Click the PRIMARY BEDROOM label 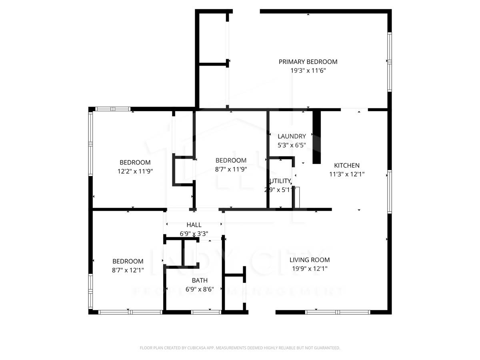tap(308, 62)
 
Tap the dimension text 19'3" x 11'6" tap(308, 70)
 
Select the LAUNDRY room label tap(292, 136)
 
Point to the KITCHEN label tap(346, 165)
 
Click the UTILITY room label tap(280, 181)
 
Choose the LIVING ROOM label tap(310, 260)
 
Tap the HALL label tap(194, 225)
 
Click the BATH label tap(199, 280)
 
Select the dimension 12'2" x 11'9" tap(135, 171)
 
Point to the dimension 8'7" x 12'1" tap(128, 270)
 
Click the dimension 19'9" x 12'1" tap(310, 268)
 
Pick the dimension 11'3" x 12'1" tap(346, 174)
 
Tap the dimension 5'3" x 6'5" tap(292, 145)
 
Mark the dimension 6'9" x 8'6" tap(199, 289)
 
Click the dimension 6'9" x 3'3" tap(194, 234)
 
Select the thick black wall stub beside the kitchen tap(316, 137)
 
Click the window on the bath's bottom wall tap(206, 312)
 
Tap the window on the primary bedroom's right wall tap(389, 62)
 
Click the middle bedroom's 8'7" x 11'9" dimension tap(231, 169)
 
